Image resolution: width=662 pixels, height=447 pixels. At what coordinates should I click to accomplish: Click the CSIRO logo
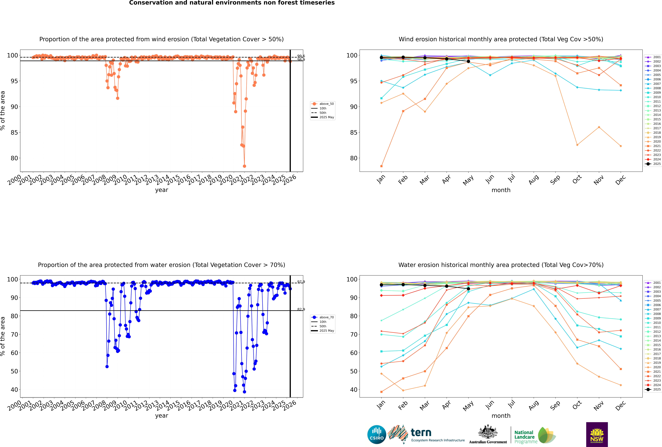click(x=377, y=434)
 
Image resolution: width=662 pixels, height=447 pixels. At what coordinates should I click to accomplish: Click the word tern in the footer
click(x=421, y=433)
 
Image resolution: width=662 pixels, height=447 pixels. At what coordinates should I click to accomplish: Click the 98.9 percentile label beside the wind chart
click(x=301, y=60)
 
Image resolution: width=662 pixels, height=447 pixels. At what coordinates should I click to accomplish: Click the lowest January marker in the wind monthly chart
click(x=381, y=166)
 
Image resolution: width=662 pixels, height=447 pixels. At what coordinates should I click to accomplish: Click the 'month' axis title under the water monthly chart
click(x=501, y=416)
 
